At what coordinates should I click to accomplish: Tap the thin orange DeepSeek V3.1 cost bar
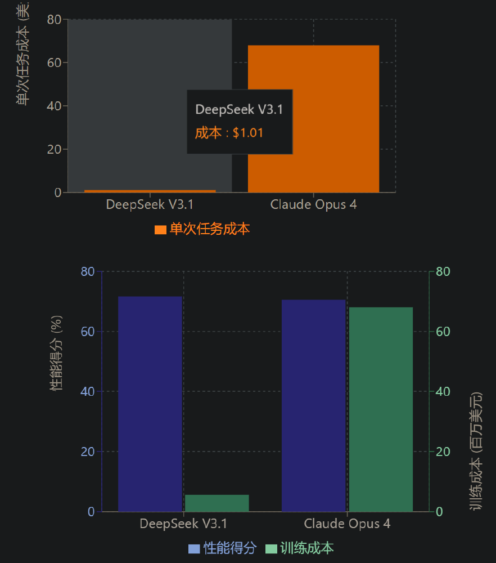pyautogui.click(x=150, y=191)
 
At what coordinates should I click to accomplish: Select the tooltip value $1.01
pyautogui.click(x=248, y=133)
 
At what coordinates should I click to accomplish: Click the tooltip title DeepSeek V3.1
pyautogui.click(x=239, y=110)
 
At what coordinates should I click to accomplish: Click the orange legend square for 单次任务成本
pyautogui.click(x=160, y=230)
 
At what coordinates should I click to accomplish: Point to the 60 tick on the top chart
pyautogui.click(x=53, y=62)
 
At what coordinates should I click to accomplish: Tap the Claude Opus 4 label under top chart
pyautogui.click(x=313, y=204)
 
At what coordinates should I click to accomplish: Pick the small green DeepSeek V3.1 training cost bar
pyautogui.click(x=217, y=503)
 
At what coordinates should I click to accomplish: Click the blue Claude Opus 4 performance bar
pyautogui.click(x=313, y=405)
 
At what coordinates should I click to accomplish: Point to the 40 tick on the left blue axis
pyautogui.click(x=88, y=391)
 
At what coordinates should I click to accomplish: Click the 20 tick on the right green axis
pyautogui.click(x=443, y=452)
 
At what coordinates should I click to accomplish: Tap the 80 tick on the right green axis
pyautogui.click(x=443, y=271)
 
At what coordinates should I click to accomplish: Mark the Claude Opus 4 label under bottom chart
pyautogui.click(x=347, y=524)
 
